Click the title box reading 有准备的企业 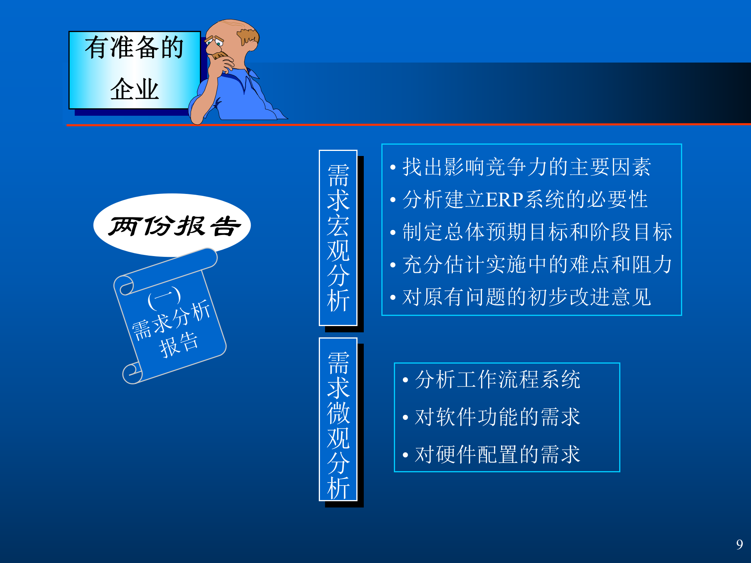[x=134, y=70]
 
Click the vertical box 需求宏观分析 [x=338, y=238]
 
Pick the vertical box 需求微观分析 [x=338, y=419]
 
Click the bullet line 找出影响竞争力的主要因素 [x=526, y=167]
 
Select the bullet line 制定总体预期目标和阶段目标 [x=537, y=232]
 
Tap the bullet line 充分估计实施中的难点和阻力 [x=537, y=265]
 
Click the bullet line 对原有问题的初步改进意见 [x=526, y=297]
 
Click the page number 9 [x=739, y=544]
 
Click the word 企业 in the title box [x=134, y=90]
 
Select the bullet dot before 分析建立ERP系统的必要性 [x=393, y=200]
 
